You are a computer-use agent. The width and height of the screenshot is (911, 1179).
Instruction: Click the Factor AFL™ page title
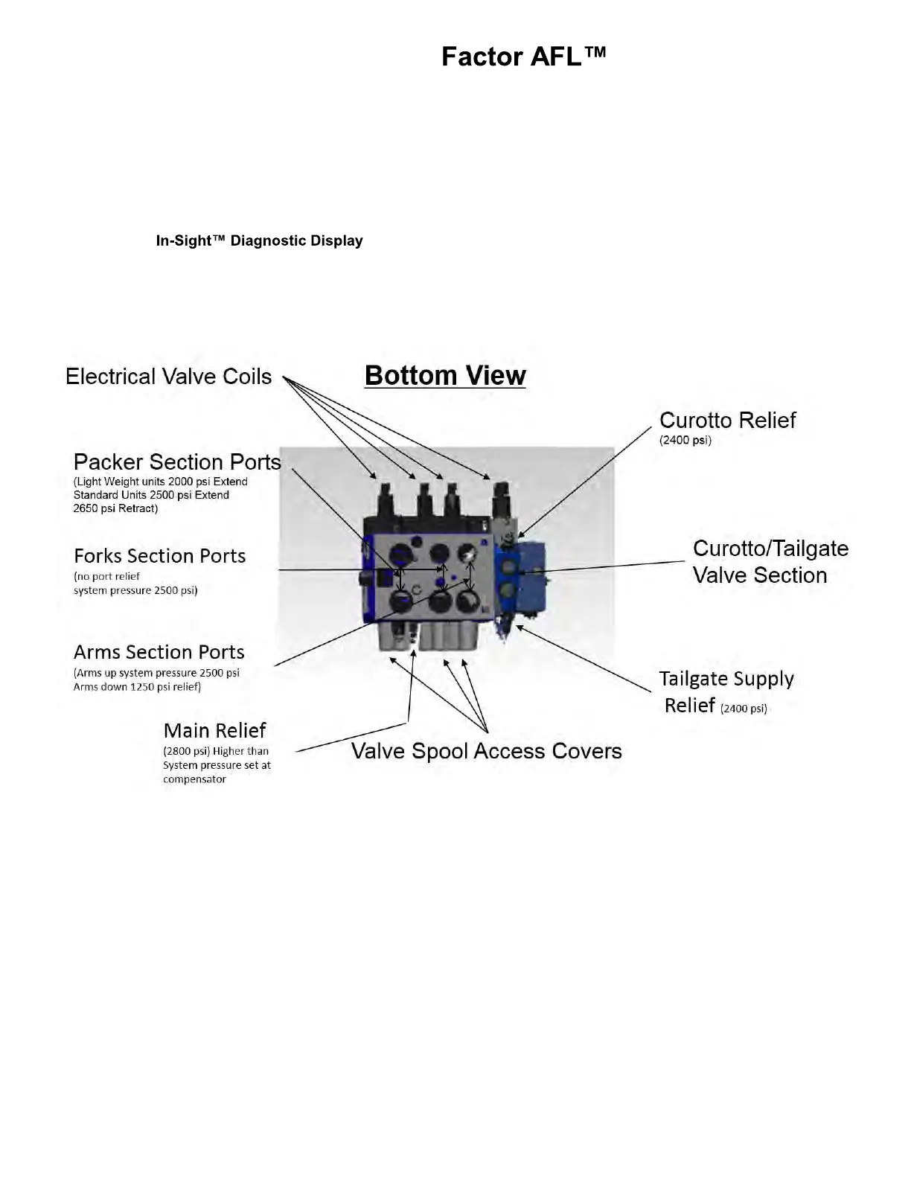click(523, 57)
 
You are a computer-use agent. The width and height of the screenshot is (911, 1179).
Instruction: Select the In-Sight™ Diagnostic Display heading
click(259, 240)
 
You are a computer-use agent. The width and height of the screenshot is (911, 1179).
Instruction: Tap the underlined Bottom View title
click(445, 375)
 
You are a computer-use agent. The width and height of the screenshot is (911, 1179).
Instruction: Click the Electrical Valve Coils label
click(169, 376)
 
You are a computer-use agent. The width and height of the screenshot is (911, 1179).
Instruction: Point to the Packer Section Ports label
click(177, 461)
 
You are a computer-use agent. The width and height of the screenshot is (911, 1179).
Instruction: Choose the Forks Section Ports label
click(159, 555)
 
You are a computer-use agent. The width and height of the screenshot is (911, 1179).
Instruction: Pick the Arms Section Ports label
click(159, 652)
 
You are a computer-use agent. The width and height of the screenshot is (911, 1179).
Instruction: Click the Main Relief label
click(214, 730)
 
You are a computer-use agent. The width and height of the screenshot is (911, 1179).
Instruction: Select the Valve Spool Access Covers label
click(486, 750)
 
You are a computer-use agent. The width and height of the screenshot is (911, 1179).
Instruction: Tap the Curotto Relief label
click(727, 420)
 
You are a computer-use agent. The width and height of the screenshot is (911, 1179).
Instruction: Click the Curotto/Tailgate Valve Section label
click(770, 561)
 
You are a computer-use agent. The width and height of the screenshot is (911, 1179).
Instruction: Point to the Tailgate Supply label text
click(726, 678)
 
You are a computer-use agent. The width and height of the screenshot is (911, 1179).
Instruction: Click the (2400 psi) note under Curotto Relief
click(685, 440)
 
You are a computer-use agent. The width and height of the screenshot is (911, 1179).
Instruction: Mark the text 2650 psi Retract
click(115, 508)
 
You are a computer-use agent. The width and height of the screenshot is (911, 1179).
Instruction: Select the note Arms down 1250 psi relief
click(137, 686)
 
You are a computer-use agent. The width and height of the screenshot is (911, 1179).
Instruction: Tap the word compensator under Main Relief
click(194, 779)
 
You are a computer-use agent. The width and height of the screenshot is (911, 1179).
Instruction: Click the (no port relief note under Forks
click(106, 576)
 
